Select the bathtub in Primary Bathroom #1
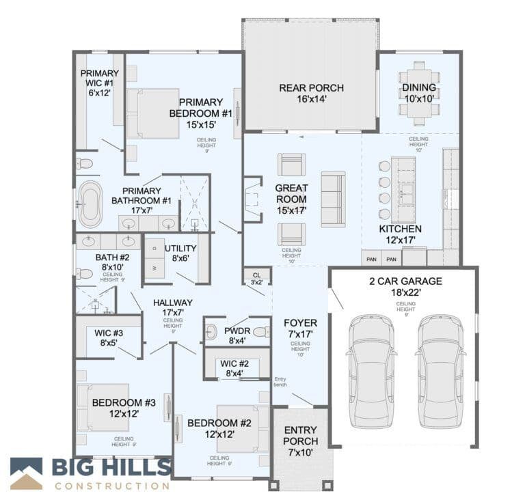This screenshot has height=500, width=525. coord(90,204)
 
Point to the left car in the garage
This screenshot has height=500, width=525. coord(371,370)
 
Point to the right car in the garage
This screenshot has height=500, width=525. coord(440,370)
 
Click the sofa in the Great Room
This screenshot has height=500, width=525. coord(333,199)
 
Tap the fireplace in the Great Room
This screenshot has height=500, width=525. coord(253,199)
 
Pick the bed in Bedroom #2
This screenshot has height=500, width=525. coord(236,428)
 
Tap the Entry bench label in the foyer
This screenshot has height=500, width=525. coord(280,383)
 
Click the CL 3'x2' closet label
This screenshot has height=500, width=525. coord(257,278)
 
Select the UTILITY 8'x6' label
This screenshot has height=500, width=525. coord(180,253)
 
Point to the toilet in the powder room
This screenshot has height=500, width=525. coord(260,332)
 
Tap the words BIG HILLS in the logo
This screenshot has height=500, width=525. coord(111,468)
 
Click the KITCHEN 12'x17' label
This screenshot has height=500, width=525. coord(401,234)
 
